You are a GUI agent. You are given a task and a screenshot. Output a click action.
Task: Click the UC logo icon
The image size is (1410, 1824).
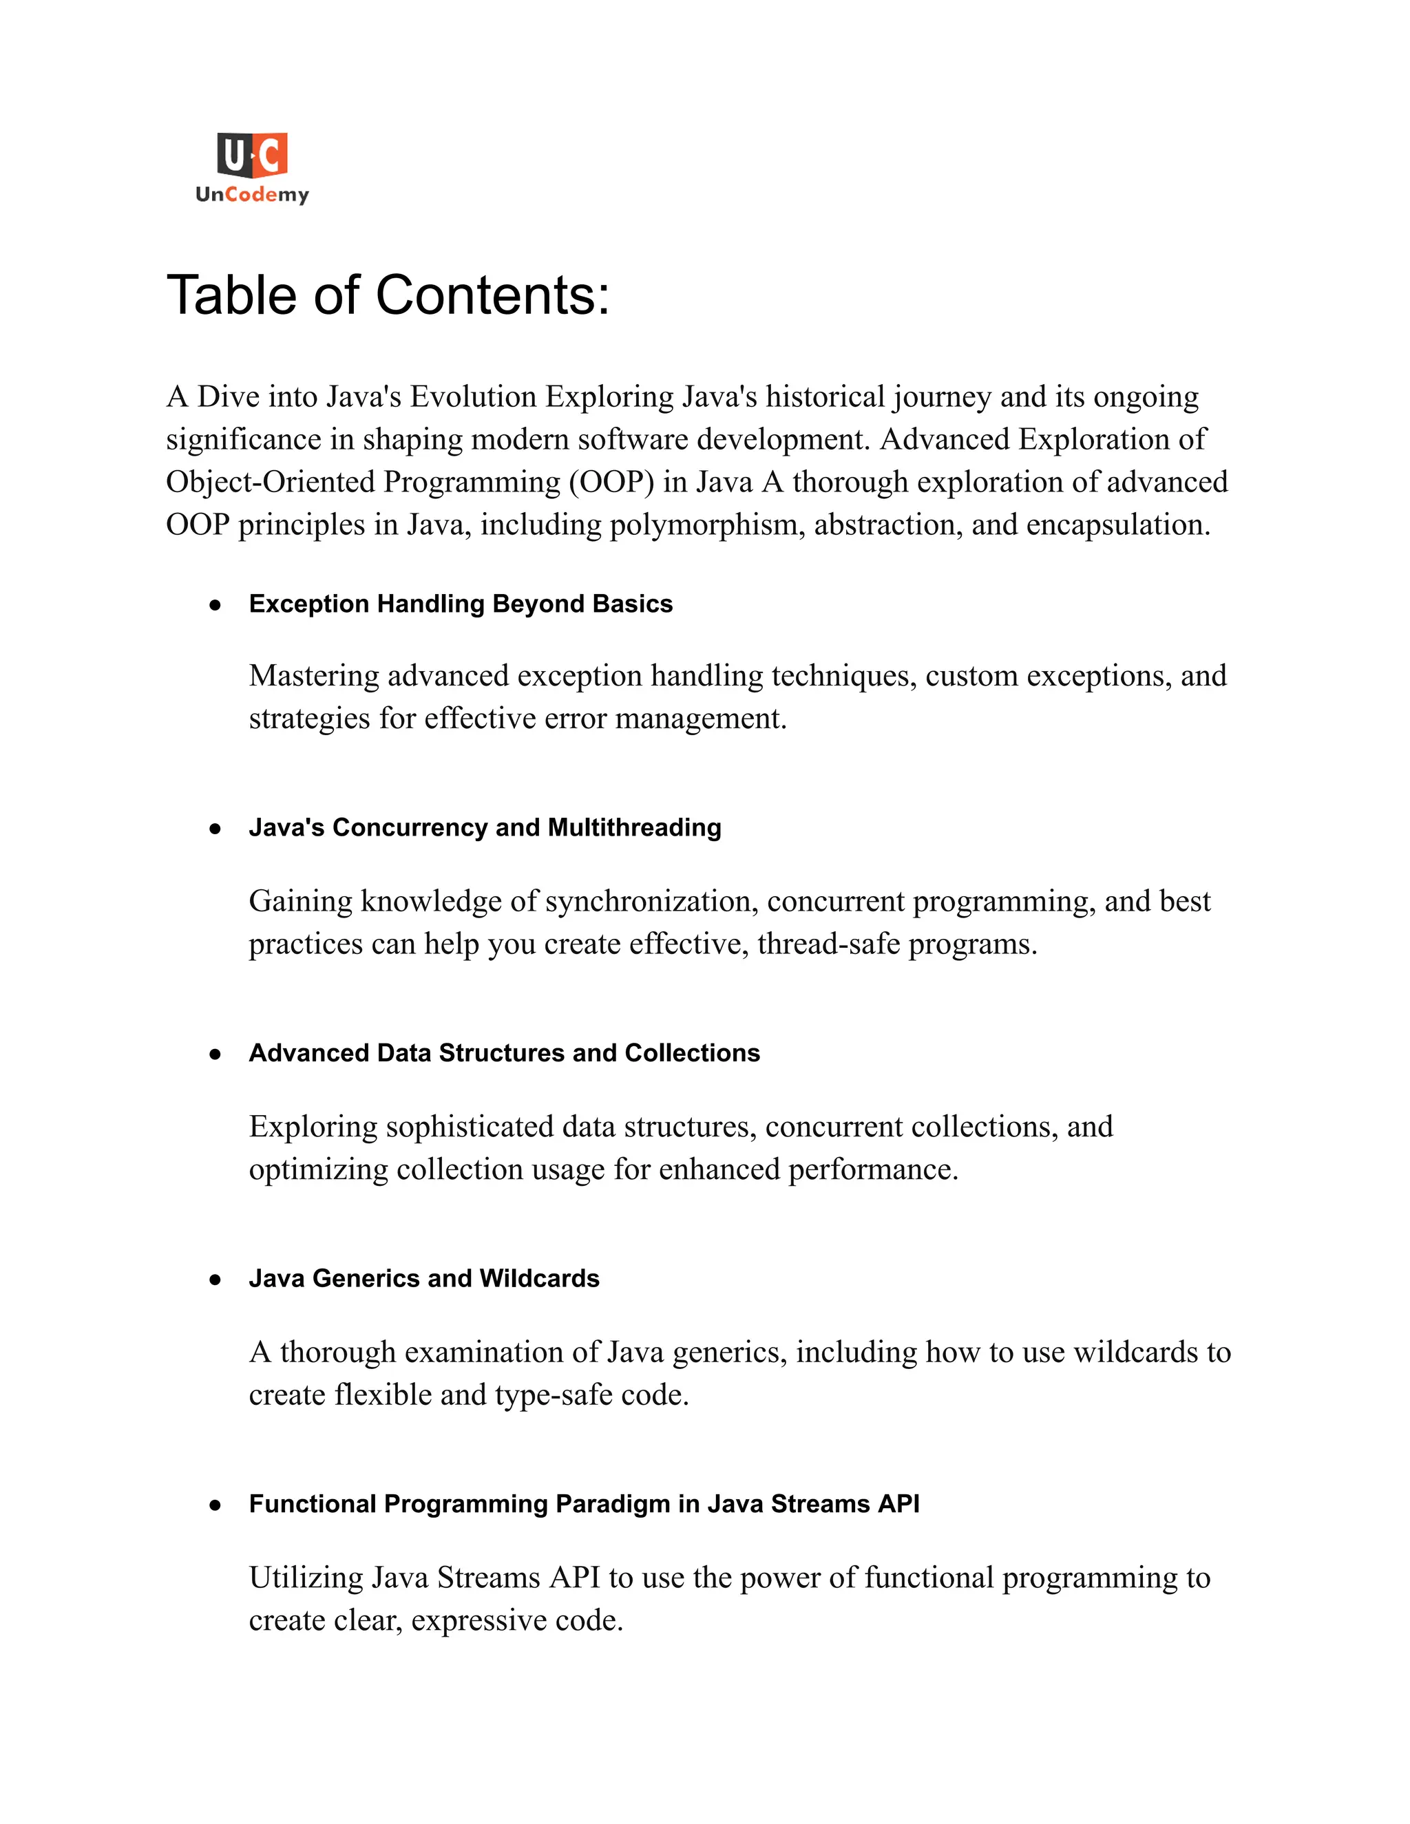pos(252,156)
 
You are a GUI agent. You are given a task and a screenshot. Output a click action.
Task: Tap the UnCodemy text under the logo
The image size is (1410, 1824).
pos(252,195)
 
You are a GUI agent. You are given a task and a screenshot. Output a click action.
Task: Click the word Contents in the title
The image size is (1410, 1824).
pos(492,296)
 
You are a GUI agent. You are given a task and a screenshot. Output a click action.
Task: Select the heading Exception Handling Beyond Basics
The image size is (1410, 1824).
pos(461,604)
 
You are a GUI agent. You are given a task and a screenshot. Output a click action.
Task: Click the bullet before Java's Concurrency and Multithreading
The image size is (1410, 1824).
pos(215,829)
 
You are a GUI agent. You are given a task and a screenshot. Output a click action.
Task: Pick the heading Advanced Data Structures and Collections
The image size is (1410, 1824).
pos(504,1053)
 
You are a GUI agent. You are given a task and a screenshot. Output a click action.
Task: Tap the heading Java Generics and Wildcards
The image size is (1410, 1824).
pos(423,1279)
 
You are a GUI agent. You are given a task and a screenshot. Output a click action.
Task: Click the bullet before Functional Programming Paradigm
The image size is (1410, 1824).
pos(215,1505)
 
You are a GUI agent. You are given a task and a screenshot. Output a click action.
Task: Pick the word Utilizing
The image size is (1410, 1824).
pos(306,1578)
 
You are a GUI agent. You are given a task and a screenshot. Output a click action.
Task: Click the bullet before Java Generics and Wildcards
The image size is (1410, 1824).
pos(215,1280)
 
